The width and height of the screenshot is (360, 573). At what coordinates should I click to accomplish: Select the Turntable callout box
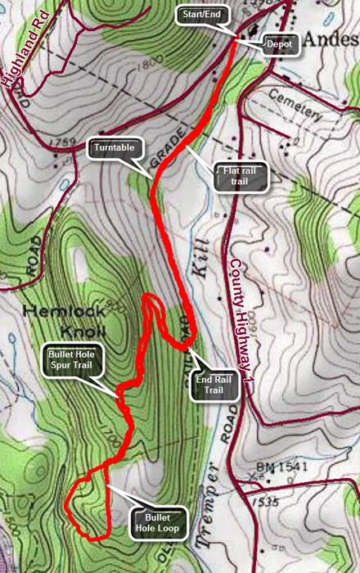click(115, 150)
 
